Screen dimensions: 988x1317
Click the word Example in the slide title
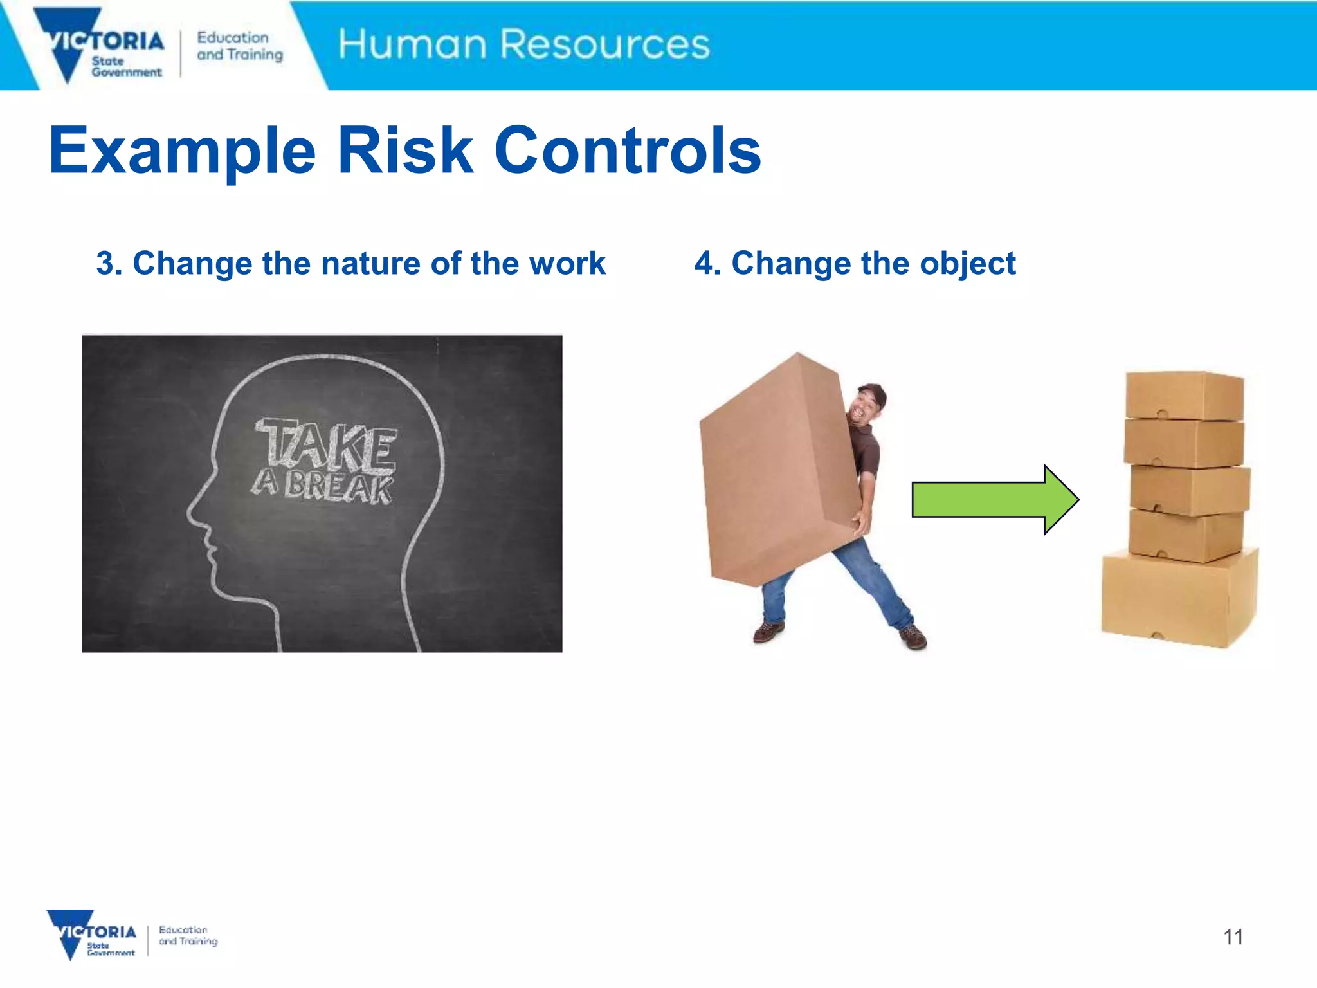[182, 151]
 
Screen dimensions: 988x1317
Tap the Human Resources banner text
[523, 44]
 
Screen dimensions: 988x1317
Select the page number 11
[1232, 937]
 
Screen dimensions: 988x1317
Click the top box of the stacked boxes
[1183, 395]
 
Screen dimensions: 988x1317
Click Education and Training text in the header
[239, 46]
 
